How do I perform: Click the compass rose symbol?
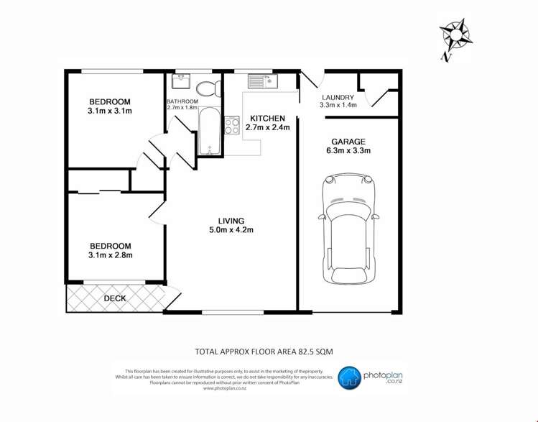coord(455,36)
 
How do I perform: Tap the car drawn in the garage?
coord(350,229)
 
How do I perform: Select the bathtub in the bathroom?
coord(208,131)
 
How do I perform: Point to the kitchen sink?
coord(262,81)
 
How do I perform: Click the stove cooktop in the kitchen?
coord(232,126)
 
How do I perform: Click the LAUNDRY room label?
coord(337,98)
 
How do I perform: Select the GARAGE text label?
coord(348,142)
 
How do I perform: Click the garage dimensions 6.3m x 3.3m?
coord(348,151)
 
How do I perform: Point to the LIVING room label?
coord(231,221)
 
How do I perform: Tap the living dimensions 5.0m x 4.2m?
coord(231,230)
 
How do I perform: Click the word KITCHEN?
coord(267,119)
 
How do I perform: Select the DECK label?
coord(115,298)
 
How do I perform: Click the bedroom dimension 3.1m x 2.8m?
coord(110,254)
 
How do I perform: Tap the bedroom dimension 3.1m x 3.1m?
coord(110,111)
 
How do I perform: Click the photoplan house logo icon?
coord(350,377)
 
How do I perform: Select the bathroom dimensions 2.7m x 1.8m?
coord(182,108)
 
